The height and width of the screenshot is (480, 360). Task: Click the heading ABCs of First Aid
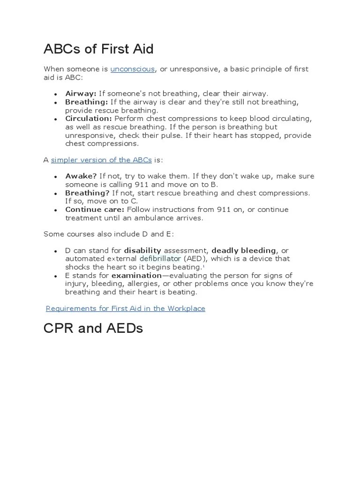click(x=98, y=49)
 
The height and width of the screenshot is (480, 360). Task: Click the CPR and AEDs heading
click(x=93, y=328)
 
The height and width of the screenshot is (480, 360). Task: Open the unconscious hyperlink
click(x=133, y=69)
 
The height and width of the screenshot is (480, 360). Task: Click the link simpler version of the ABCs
click(x=101, y=160)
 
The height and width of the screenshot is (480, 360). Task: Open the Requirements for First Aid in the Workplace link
click(x=125, y=308)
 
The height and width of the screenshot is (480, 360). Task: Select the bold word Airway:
click(x=81, y=94)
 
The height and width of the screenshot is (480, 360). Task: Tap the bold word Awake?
click(x=81, y=176)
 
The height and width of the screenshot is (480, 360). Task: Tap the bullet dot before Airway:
click(x=56, y=94)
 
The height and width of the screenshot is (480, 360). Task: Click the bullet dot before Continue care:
click(x=56, y=210)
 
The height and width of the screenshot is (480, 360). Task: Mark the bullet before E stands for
click(x=56, y=276)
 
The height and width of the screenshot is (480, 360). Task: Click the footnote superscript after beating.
click(x=203, y=266)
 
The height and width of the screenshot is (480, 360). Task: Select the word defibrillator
click(x=159, y=259)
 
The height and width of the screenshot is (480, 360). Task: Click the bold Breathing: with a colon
click(x=87, y=102)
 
